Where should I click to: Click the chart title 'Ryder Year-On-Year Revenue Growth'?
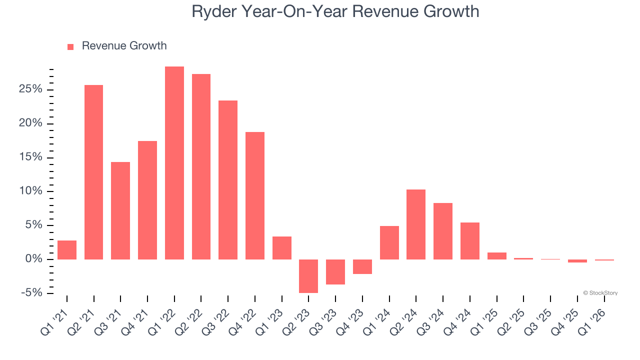pyautogui.click(x=335, y=11)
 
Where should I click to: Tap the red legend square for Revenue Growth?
pyautogui.click(x=70, y=46)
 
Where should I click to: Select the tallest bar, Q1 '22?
pyautogui.click(x=174, y=162)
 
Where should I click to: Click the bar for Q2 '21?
pyautogui.click(x=93, y=172)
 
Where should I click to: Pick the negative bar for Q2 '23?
pyautogui.click(x=308, y=276)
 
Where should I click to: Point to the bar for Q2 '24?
pyautogui.click(x=416, y=224)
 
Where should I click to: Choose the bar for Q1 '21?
pyautogui.click(x=67, y=250)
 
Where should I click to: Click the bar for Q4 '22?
pyautogui.click(x=255, y=195)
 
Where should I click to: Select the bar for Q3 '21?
pyautogui.click(x=120, y=210)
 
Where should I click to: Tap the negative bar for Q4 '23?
pyautogui.click(x=362, y=266)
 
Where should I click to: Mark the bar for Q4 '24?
pyautogui.click(x=470, y=240)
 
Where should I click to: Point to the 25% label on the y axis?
pyautogui.click(x=31, y=89)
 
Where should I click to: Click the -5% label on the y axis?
pyautogui.click(x=31, y=292)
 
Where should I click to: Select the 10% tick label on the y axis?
pyautogui.click(x=31, y=191)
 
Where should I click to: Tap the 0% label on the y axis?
pyautogui.click(x=34, y=259)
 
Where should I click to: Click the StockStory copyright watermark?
pyautogui.click(x=600, y=293)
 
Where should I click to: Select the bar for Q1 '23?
pyautogui.click(x=282, y=247)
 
